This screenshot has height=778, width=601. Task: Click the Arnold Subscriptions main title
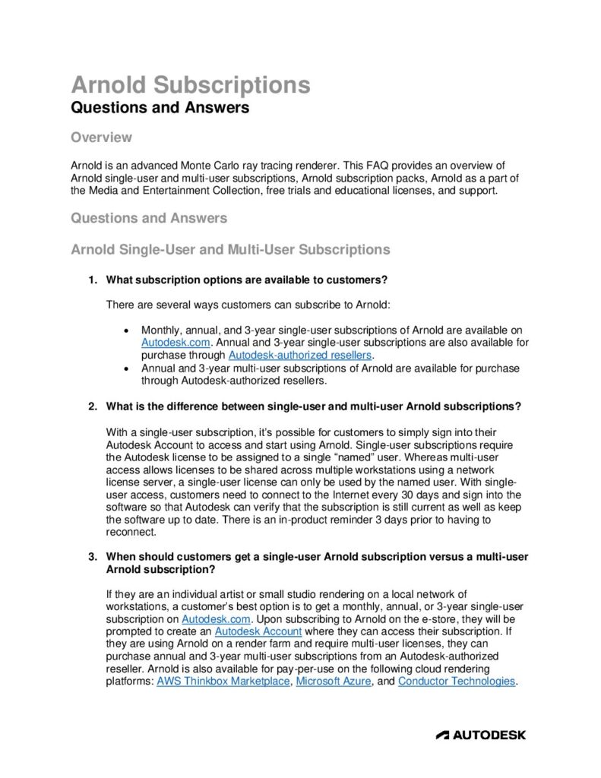click(x=190, y=85)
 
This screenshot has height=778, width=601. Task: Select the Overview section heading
click(x=101, y=138)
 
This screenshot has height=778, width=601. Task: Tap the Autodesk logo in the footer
click(x=480, y=735)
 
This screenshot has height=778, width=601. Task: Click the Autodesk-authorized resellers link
click(x=299, y=355)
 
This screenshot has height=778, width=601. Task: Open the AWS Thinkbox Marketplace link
click(x=223, y=681)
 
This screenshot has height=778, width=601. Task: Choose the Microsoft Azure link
click(x=334, y=681)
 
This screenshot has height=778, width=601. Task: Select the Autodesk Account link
click(x=258, y=631)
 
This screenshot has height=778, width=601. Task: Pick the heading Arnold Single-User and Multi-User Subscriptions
click(x=230, y=249)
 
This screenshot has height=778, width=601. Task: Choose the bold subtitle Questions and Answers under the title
click(x=160, y=108)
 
